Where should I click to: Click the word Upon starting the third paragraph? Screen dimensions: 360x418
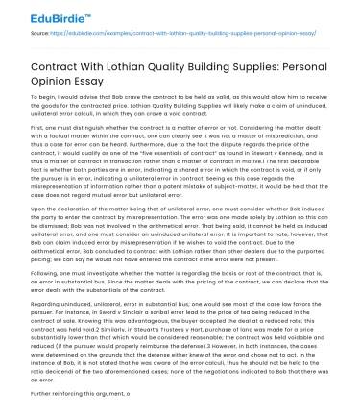point(36,209)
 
